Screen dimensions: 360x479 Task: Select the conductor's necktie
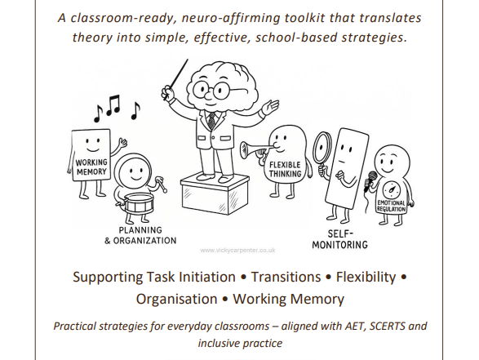tap(212, 120)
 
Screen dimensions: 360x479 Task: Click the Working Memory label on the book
tap(91, 167)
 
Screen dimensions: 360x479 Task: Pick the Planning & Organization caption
tap(140, 235)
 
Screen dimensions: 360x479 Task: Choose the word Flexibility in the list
tap(365, 276)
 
